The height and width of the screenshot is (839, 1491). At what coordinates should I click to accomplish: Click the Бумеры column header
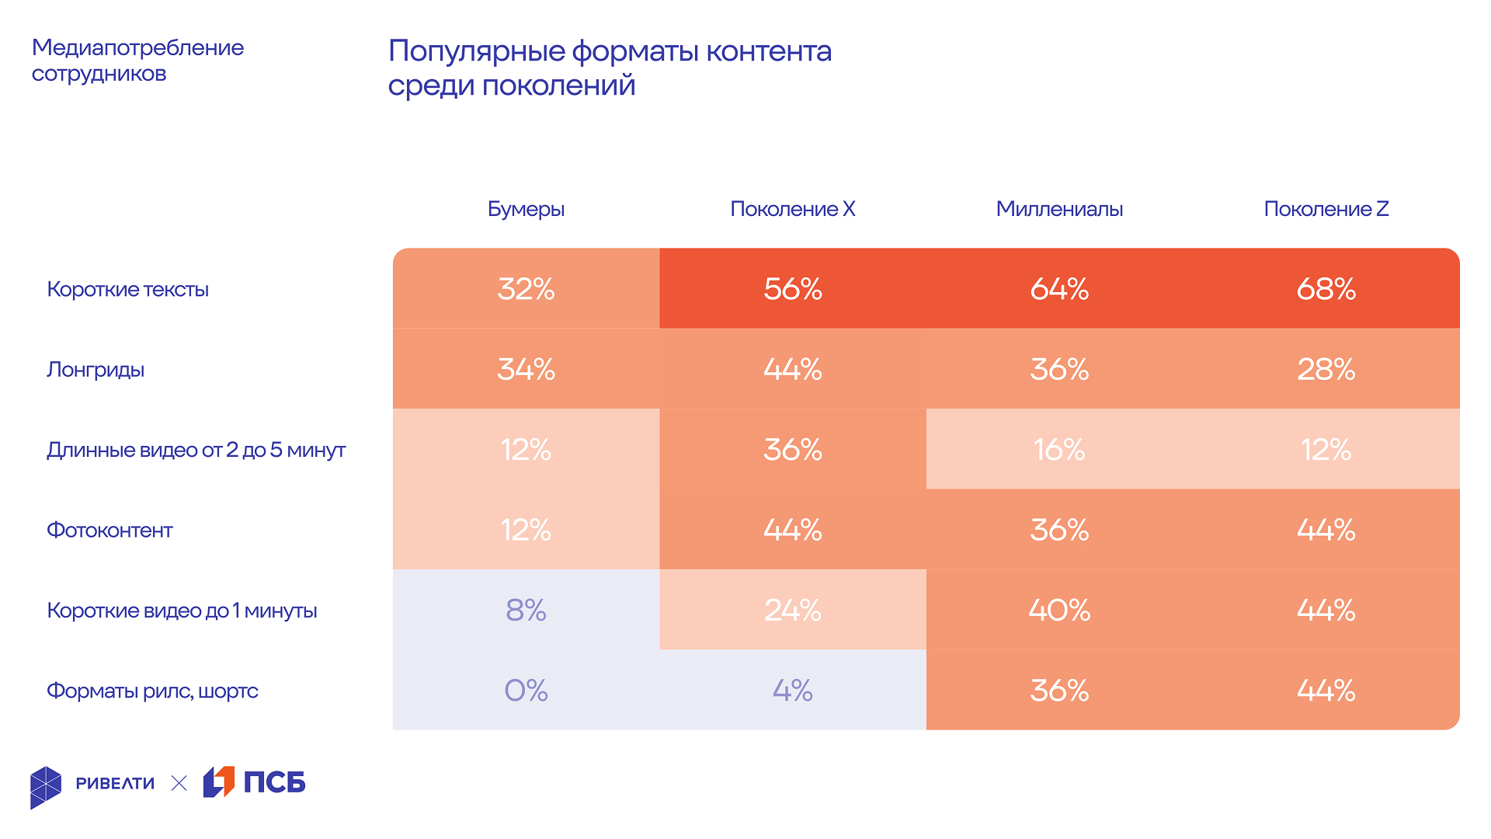[x=526, y=209]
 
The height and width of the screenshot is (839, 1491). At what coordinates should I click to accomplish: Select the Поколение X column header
[x=792, y=209]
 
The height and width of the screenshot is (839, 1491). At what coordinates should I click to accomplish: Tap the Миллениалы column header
[x=1059, y=209]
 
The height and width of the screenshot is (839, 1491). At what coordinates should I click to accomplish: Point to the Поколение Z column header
[x=1326, y=209]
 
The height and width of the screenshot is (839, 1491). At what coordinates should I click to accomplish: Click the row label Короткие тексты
[x=127, y=290]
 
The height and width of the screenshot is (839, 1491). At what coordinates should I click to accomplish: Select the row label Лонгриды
[x=96, y=370]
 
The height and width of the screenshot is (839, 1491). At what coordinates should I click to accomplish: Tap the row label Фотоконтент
[x=109, y=531]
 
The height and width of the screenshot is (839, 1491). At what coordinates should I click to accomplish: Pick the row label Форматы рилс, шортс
[x=152, y=691]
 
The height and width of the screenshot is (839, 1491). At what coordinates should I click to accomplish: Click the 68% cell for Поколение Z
[x=1326, y=289]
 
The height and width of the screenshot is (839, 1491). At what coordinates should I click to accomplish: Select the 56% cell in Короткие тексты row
[x=792, y=289]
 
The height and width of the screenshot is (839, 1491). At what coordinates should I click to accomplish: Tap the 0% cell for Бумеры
[x=526, y=691]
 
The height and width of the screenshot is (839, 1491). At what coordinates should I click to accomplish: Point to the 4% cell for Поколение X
[x=792, y=691]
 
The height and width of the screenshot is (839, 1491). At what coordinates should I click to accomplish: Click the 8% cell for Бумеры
[x=526, y=611]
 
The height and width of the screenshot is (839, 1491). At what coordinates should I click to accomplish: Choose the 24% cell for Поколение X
[x=792, y=611]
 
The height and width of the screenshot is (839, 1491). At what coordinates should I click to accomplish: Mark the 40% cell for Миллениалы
[x=1059, y=611]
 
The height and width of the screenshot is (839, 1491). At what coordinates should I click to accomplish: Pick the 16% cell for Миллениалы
[x=1059, y=450]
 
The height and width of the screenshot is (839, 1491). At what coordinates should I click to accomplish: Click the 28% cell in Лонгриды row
[x=1326, y=370]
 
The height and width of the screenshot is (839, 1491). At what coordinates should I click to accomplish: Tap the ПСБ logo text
[x=274, y=782]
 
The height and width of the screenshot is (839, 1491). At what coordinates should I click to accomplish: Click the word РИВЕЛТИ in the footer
[x=115, y=783]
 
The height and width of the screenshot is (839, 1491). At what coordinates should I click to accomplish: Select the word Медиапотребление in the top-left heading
[x=137, y=47]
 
